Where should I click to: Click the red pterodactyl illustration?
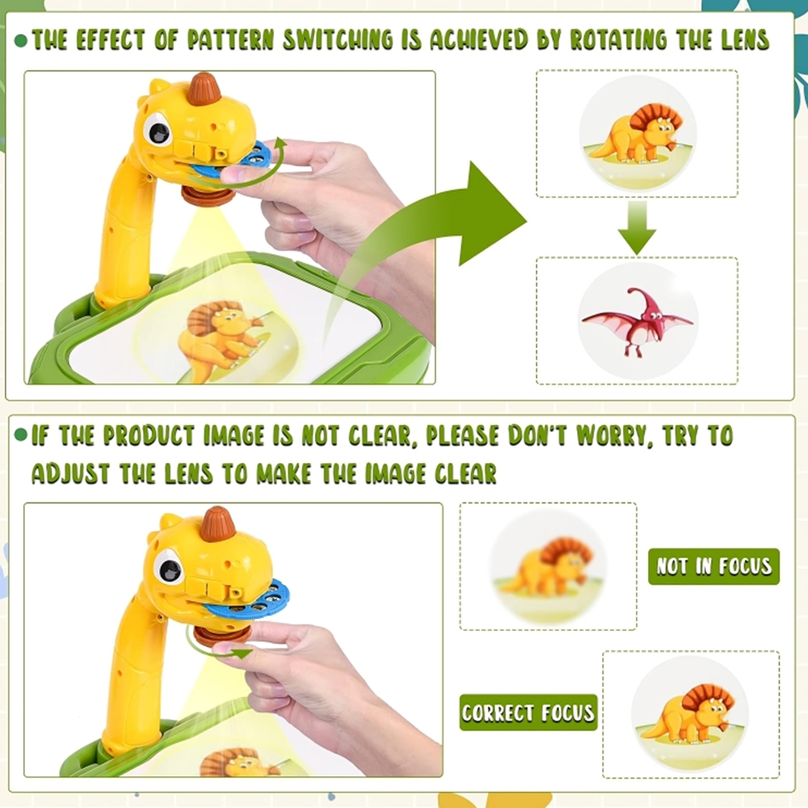point(638,322)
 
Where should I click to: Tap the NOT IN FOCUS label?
point(713,566)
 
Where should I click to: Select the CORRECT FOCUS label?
point(528,712)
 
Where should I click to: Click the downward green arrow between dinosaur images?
point(637,227)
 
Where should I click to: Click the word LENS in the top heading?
point(745,40)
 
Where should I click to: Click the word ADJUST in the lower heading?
point(70,473)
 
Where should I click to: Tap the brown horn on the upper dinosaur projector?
point(204,89)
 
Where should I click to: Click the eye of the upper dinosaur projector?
point(158,130)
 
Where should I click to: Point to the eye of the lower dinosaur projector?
point(169,568)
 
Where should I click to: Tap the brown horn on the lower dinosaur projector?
point(218,524)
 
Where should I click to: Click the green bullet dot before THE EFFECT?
point(21,40)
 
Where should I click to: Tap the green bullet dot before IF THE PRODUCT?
point(21,436)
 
